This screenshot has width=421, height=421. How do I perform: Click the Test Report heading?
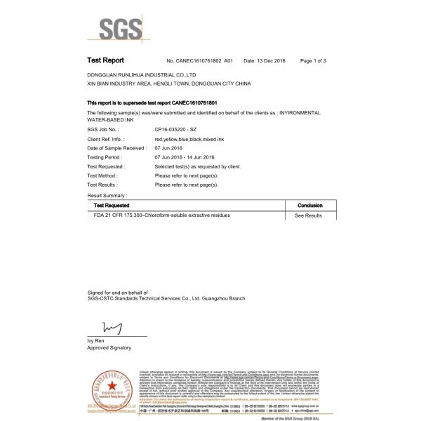tap(105, 61)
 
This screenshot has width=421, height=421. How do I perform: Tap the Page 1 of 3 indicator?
tap(313, 62)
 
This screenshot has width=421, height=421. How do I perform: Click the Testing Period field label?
tap(105, 158)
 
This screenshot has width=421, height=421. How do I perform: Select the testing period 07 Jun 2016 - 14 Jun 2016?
tap(193, 158)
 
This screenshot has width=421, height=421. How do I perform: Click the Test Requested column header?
tap(112, 204)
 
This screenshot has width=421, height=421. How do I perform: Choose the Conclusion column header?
tap(309, 204)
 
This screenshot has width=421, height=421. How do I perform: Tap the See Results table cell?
tap(309, 215)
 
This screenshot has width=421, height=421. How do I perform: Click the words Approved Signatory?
tap(109, 347)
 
